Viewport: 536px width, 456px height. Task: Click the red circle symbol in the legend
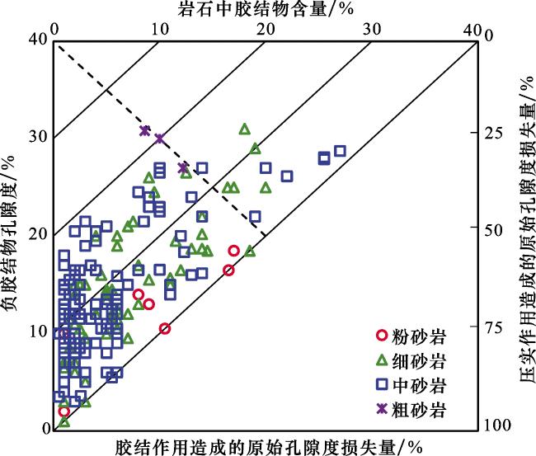pyautogui.click(x=381, y=336)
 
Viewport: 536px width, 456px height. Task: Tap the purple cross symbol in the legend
pyautogui.click(x=381, y=408)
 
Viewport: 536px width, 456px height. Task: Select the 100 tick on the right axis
pyautogui.click(x=493, y=425)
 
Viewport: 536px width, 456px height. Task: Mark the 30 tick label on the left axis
pyautogui.click(x=36, y=135)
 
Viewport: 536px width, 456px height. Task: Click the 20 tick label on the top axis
pyautogui.click(x=265, y=27)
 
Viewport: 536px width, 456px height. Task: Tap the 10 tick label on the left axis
pyautogui.click(x=36, y=331)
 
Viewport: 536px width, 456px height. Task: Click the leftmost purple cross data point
pyautogui.click(x=144, y=130)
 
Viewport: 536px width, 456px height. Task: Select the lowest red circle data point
pyautogui.click(x=63, y=411)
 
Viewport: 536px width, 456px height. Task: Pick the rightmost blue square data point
pyautogui.click(x=340, y=151)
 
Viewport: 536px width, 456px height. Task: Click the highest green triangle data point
pyautogui.click(x=244, y=129)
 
